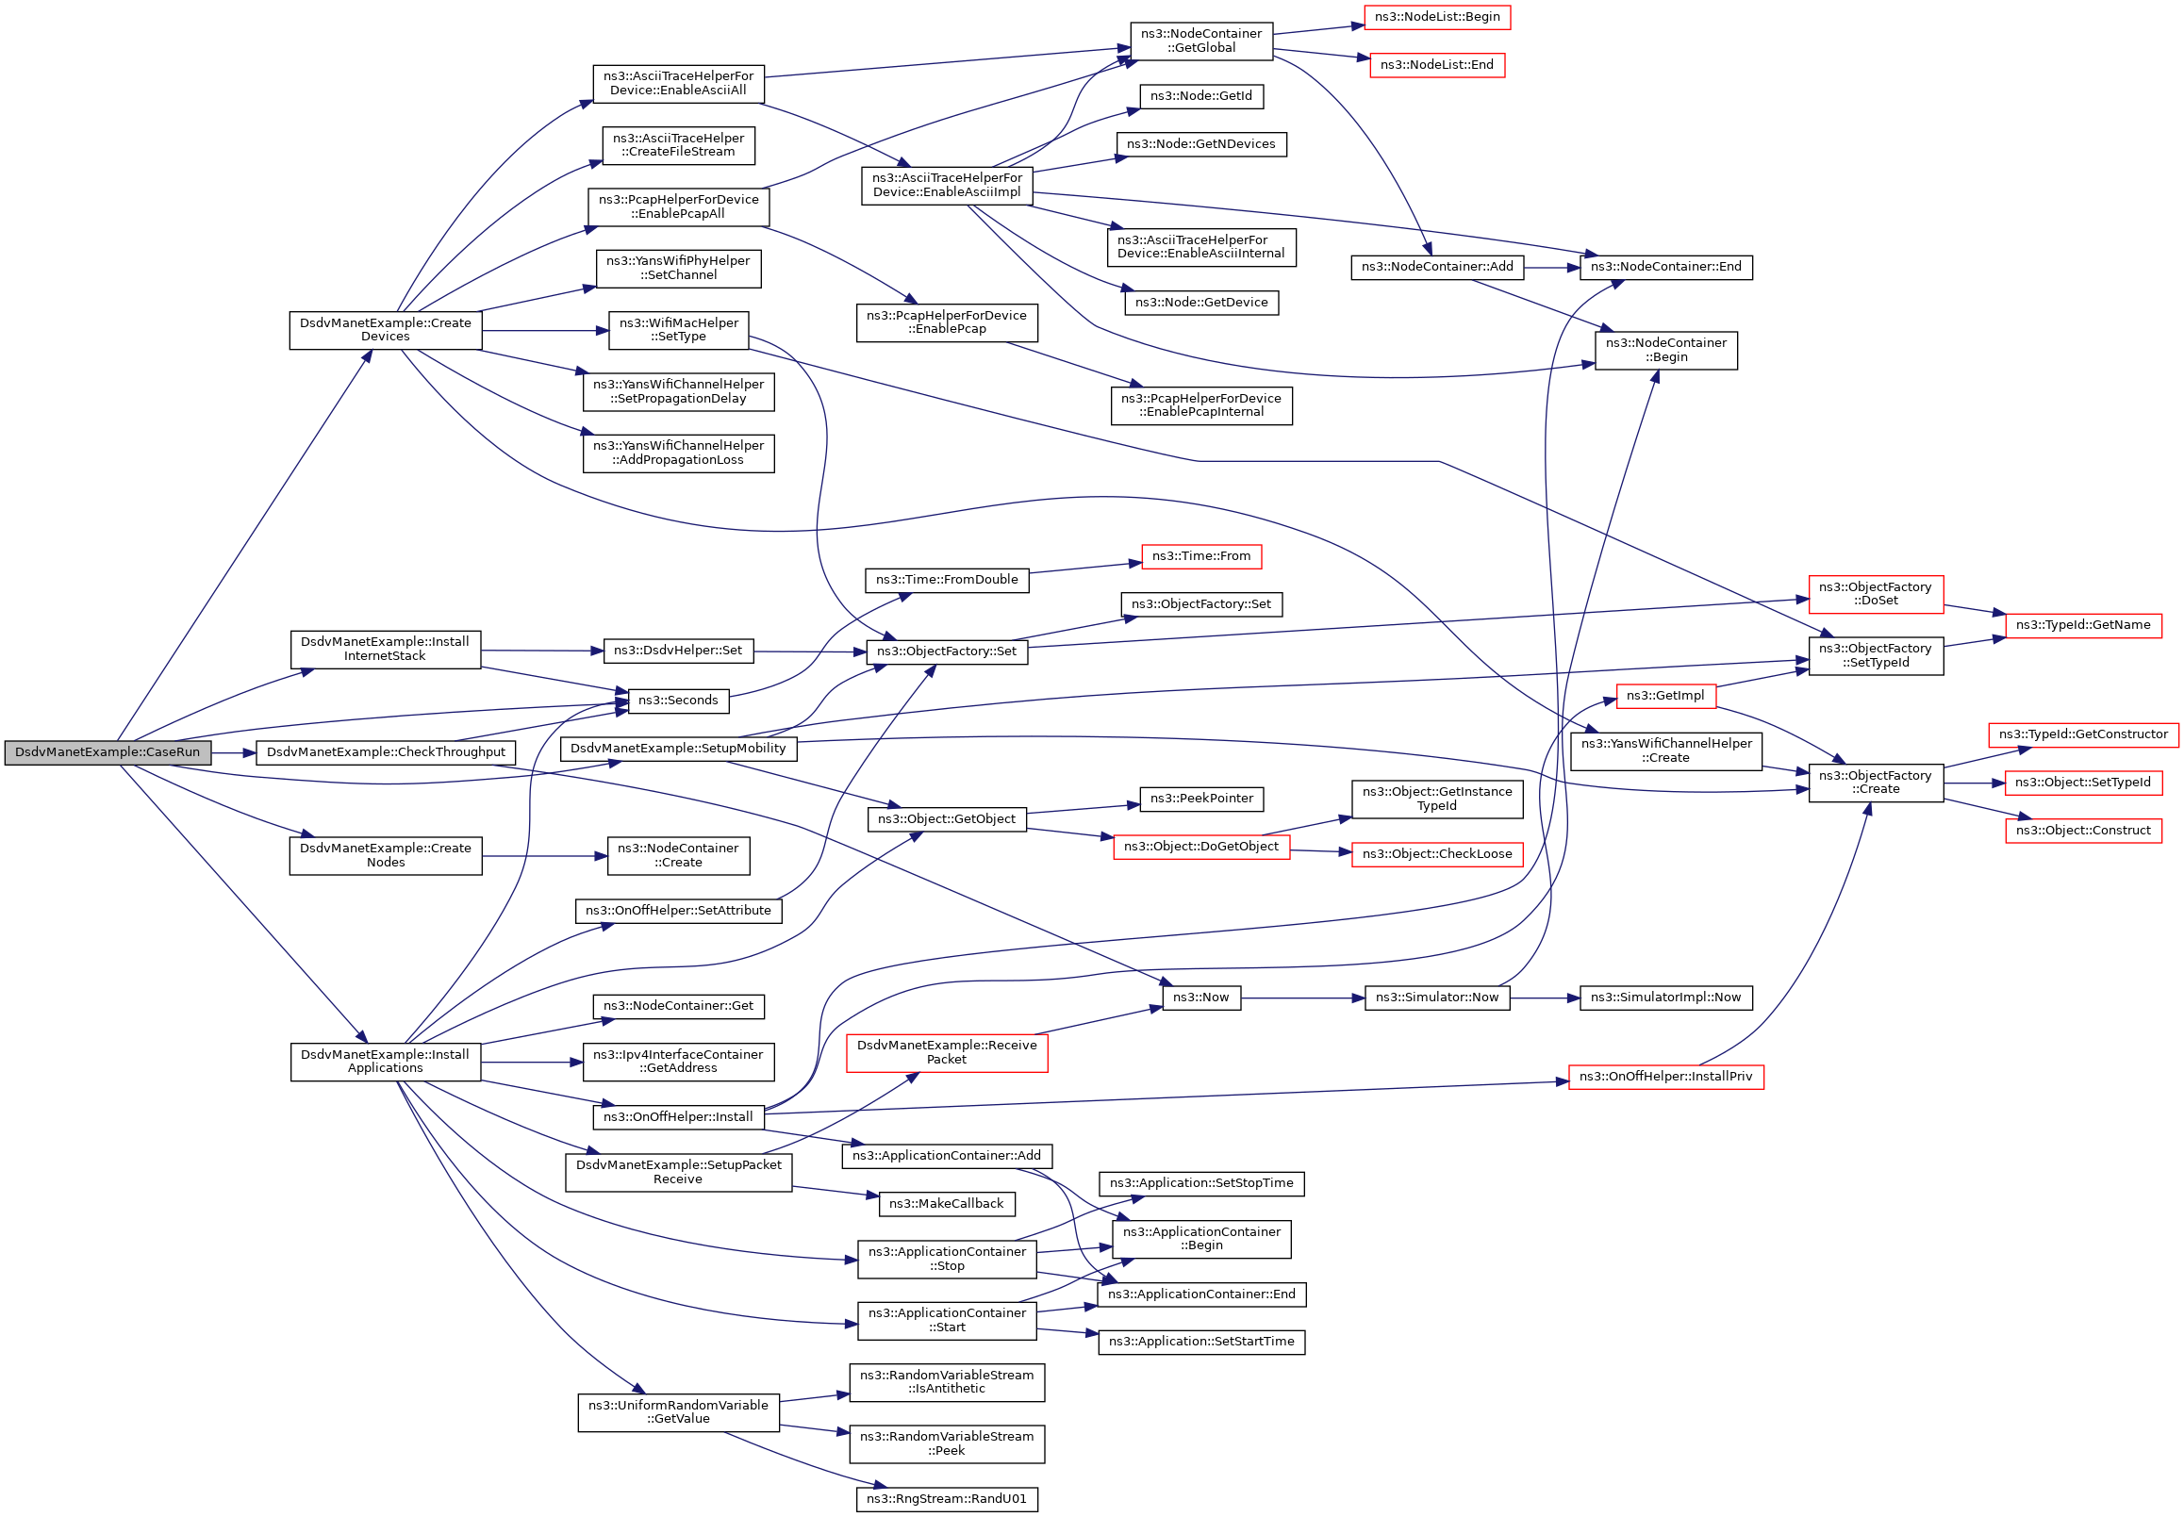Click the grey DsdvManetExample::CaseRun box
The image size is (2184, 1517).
coord(108,752)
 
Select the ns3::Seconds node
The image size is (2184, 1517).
coord(678,701)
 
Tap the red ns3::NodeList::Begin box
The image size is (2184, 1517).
coord(1436,17)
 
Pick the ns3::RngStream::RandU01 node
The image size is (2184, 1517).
coord(946,1499)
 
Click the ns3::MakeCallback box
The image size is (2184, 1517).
coord(946,1204)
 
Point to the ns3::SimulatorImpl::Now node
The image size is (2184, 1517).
coord(1665,998)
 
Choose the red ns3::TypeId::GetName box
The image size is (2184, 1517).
coord(2082,625)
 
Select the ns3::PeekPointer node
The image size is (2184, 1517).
coord(1200,799)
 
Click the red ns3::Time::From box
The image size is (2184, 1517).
coord(1200,556)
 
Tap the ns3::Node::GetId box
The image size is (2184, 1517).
coord(1200,96)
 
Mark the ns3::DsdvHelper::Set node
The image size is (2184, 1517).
coord(678,651)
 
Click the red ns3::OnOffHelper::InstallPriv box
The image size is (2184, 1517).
coord(1665,1077)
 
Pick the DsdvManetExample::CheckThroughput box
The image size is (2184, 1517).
coord(386,752)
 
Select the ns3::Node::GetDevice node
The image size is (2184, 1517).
coord(1200,303)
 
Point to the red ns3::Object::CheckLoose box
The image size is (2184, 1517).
coord(1436,854)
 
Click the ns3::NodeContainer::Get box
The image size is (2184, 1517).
coord(678,1006)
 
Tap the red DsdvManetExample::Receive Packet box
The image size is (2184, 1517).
coord(946,1052)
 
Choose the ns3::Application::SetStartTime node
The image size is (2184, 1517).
coord(1200,1343)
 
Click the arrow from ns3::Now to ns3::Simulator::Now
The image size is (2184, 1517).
coord(1301,998)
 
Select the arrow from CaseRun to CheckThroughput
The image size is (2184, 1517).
coord(233,752)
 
